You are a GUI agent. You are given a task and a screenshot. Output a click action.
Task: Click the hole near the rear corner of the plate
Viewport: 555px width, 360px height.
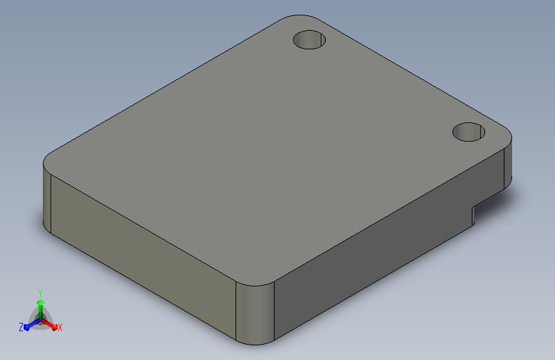click(x=309, y=40)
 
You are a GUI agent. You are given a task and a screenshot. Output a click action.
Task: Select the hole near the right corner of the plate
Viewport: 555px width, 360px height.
click(x=469, y=132)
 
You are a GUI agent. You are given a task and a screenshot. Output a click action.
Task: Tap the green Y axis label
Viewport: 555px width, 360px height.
click(x=40, y=293)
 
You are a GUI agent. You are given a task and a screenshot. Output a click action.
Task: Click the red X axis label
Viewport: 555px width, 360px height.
click(x=60, y=328)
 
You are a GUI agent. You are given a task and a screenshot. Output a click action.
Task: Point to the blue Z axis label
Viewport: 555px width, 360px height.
click(x=21, y=327)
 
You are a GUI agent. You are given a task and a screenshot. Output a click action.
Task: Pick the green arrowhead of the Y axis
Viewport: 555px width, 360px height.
click(x=40, y=303)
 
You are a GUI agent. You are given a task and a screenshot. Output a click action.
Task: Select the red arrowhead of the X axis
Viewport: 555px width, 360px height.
click(x=54, y=327)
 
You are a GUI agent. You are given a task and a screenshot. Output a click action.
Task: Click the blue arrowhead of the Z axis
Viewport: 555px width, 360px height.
click(x=27, y=327)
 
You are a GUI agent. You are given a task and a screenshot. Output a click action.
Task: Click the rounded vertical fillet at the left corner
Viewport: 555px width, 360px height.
click(x=47, y=199)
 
